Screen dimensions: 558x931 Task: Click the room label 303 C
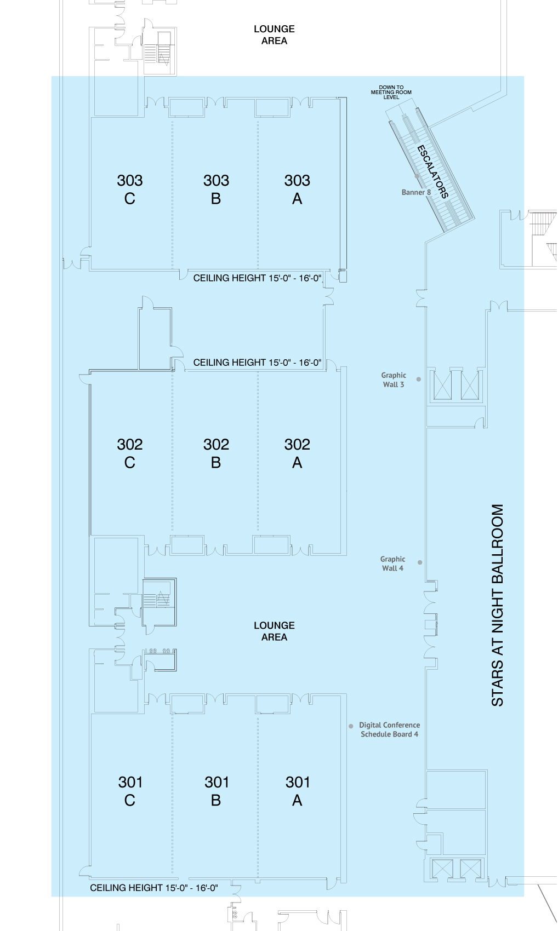point(130,189)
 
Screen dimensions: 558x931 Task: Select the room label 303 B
point(216,189)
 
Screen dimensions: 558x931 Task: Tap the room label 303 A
point(297,189)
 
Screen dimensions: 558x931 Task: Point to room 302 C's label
point(130,453)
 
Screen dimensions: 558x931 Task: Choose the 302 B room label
point(216,453)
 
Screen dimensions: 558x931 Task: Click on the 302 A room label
point(297,453)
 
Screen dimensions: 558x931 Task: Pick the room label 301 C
point(130,791)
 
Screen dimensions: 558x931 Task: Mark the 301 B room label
point(217,791)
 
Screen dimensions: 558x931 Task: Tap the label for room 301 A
point(298,791)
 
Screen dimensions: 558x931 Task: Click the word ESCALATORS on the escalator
point(433,171)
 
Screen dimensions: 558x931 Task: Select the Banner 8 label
point(416,192)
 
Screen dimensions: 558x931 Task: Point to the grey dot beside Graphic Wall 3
point(419,379)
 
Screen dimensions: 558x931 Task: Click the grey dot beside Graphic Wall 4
point(420,562)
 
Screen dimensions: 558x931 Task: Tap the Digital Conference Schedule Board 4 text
point(390,729)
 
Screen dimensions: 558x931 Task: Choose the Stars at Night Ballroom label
point(498,605)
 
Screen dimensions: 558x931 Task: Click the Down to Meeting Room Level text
point(391,92)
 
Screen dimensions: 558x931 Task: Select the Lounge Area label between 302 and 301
point(274,631)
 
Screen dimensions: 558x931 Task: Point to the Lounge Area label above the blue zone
point(274,35)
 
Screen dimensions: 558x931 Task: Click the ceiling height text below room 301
point(154,888)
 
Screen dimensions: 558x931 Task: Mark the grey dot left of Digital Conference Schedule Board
point(351,726)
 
